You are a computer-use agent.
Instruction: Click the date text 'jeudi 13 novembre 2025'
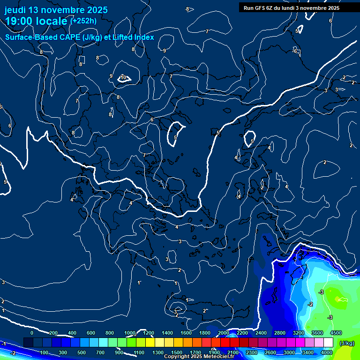click(56, 10)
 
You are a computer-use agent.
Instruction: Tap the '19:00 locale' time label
click(36, 21)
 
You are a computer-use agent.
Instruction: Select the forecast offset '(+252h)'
click(83, 21)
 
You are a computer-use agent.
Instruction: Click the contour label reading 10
click(123, 77)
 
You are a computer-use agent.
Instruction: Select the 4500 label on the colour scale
click(336, 333)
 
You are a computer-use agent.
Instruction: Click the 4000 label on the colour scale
click(327, 352)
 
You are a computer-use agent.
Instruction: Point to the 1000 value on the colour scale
click(130, 333)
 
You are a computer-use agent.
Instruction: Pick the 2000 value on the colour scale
click(224, 333)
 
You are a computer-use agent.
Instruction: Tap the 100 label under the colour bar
click(44, 352)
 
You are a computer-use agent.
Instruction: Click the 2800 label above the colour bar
click(280, 333)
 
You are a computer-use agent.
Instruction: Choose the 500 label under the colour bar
click(82, 352)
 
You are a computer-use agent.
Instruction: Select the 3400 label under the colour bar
click(308, 352)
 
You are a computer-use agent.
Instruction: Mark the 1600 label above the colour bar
click(186, 333)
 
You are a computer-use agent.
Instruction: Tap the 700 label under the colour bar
click(100, 352)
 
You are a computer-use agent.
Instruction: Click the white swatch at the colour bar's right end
click(328, 343)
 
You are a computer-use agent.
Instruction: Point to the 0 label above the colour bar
click(32, 333)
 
